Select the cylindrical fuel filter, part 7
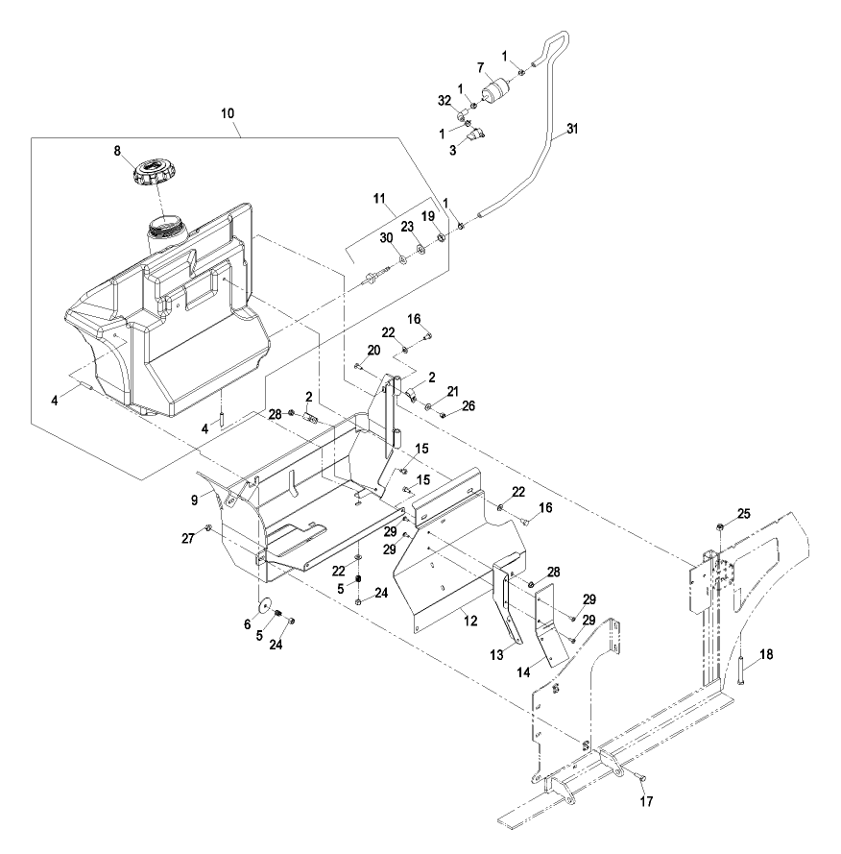pyautogui.click(x=495, y=91)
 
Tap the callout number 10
pyautogui.click(x=228, y=113)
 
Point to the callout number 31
pyautogui.click(x=572, y=129)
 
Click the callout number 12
pyautogui.click(x=470, y=621)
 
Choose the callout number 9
pyautogui.click(x=194, y=500)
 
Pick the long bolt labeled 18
pyautogui.click(x=741, y=672)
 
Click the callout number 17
pyautogui.click(x=646, y=801)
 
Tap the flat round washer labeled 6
pyautogui.click(x=266, y=605)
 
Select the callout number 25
pyautogui.click(x=744, y=514)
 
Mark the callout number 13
pyautogui.click(x=496, y=654)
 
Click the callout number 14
pyautogui.click(x=523, y=672)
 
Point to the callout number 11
pyautogui.click(x=379, y=199)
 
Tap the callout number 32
pyautogui.click(x=445, y=100)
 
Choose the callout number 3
pyautogui.click(x=453, y=150)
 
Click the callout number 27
pyautogui.click(x=188, y=539)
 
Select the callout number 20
pyautogui.click(x=373, y=351)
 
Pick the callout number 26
pyautogui.click(x=469, y=405)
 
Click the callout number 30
pyautogui.click(x=386, y=238)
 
